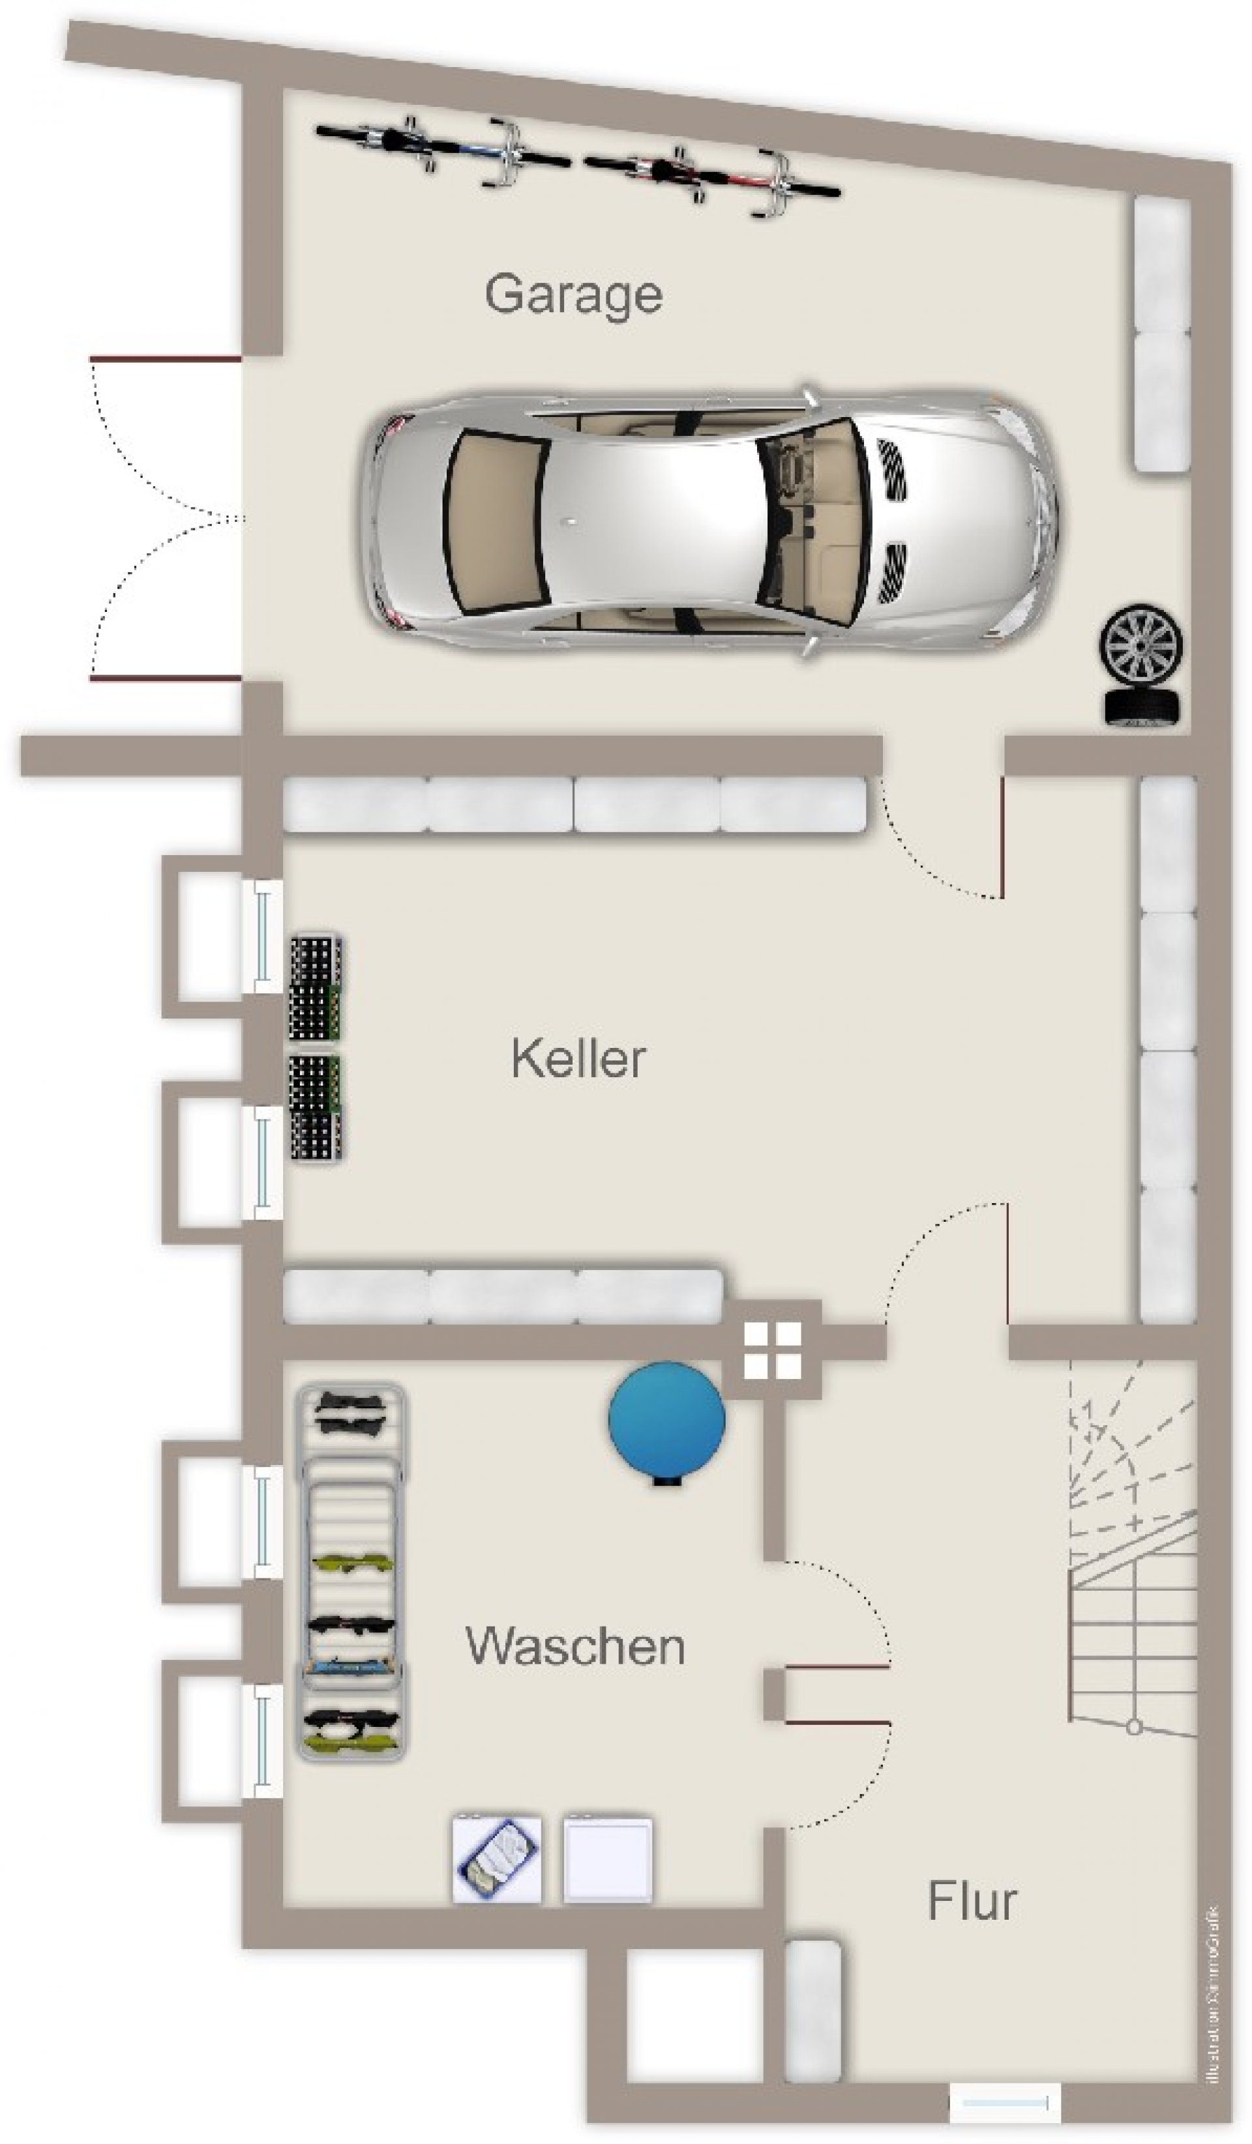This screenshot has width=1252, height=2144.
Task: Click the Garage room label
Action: point(573,295)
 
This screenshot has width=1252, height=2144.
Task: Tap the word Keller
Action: point(578,1059)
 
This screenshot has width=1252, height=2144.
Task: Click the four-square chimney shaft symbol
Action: point(772,1350)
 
